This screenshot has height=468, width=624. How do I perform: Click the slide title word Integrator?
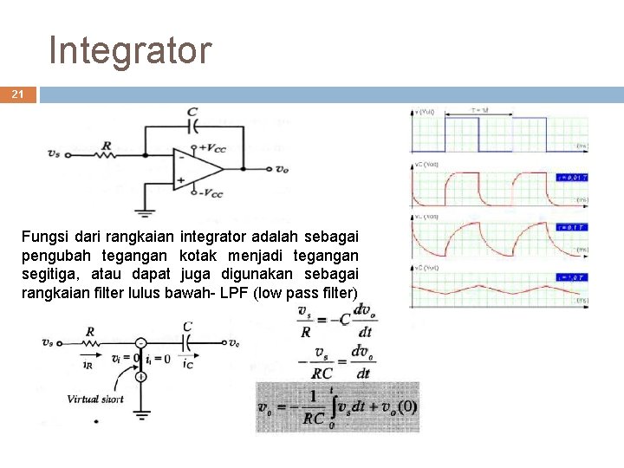(x=130, y=50)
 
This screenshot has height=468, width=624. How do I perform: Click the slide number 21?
(x=17, y=94)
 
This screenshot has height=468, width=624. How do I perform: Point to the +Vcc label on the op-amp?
(x=211, y=149)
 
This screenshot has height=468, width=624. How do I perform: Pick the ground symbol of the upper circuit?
(x=142, y=210)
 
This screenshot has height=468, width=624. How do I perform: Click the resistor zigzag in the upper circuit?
(x=106, y=155)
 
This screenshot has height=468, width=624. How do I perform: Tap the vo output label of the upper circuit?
(x=282, y=169)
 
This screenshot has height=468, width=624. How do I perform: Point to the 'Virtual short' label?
(x=95, y=400)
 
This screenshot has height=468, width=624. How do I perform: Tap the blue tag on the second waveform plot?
(x=572, y=177)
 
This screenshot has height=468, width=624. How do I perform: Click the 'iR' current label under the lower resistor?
(x=87, y=365)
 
